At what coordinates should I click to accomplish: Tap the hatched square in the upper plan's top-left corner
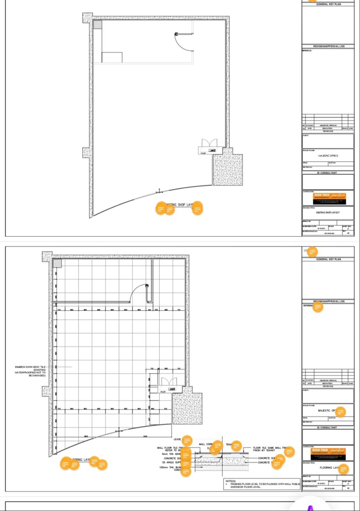pos(97,25)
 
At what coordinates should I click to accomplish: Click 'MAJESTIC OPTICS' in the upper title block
pos(328,156)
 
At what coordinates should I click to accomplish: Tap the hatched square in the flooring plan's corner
pos(57,263)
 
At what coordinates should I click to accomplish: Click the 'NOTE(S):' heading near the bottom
pos(231,481)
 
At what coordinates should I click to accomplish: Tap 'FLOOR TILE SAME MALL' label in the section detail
pos(268,448)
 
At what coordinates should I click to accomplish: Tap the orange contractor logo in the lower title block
pos(329,453)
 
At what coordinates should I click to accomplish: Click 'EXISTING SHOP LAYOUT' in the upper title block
pos(328,213)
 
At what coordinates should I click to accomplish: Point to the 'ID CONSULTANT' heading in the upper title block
pos(327,173)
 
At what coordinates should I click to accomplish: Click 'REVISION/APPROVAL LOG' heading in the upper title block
pos(329,46)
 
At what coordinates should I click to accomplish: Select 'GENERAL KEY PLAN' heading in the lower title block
pos(328,259)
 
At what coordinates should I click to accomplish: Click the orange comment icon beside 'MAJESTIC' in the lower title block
pos(341,412)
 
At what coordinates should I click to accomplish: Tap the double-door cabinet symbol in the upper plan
pos(210,143)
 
